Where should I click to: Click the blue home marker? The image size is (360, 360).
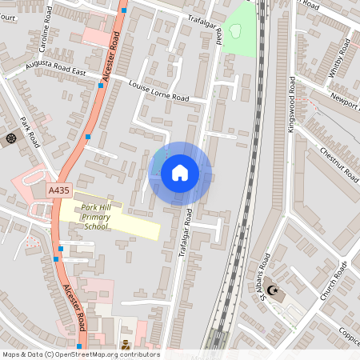click(180, 173)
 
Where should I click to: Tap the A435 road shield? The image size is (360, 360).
click(58, 190)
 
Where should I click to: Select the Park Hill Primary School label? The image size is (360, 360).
click(99, 217)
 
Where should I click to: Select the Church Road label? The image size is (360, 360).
click(334, 282)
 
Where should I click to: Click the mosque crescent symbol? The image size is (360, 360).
click(273, 290)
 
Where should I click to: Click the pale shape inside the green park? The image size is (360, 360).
click(235, 31)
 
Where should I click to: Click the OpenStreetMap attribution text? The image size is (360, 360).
click(80, 354)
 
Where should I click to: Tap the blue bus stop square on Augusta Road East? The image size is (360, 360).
click(101, 84)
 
